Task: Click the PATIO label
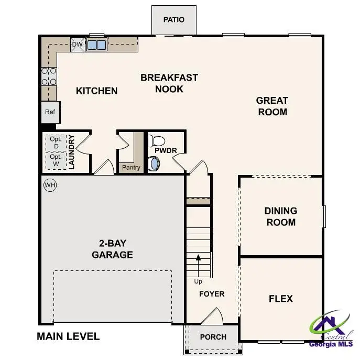[x=173, y=20]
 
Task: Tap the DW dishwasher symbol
[x=77, y=45]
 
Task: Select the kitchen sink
[x=96, y=45]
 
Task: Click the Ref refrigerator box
[x=50, y=112]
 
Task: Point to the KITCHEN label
[x=97, y=91]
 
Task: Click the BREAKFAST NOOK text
[x=169, y=83]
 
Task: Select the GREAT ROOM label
[x=272, y=106]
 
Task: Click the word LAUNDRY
[x=72, y=152]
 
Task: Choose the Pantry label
[x=130, y=168]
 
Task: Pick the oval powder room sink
[x=155, y=164]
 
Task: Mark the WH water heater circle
[x=50, y=185]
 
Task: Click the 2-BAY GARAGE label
[x=112, y=249]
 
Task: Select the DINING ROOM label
[x=280, y=216]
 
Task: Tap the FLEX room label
[x=280, y=299]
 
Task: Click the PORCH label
[x=213, y=337]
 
